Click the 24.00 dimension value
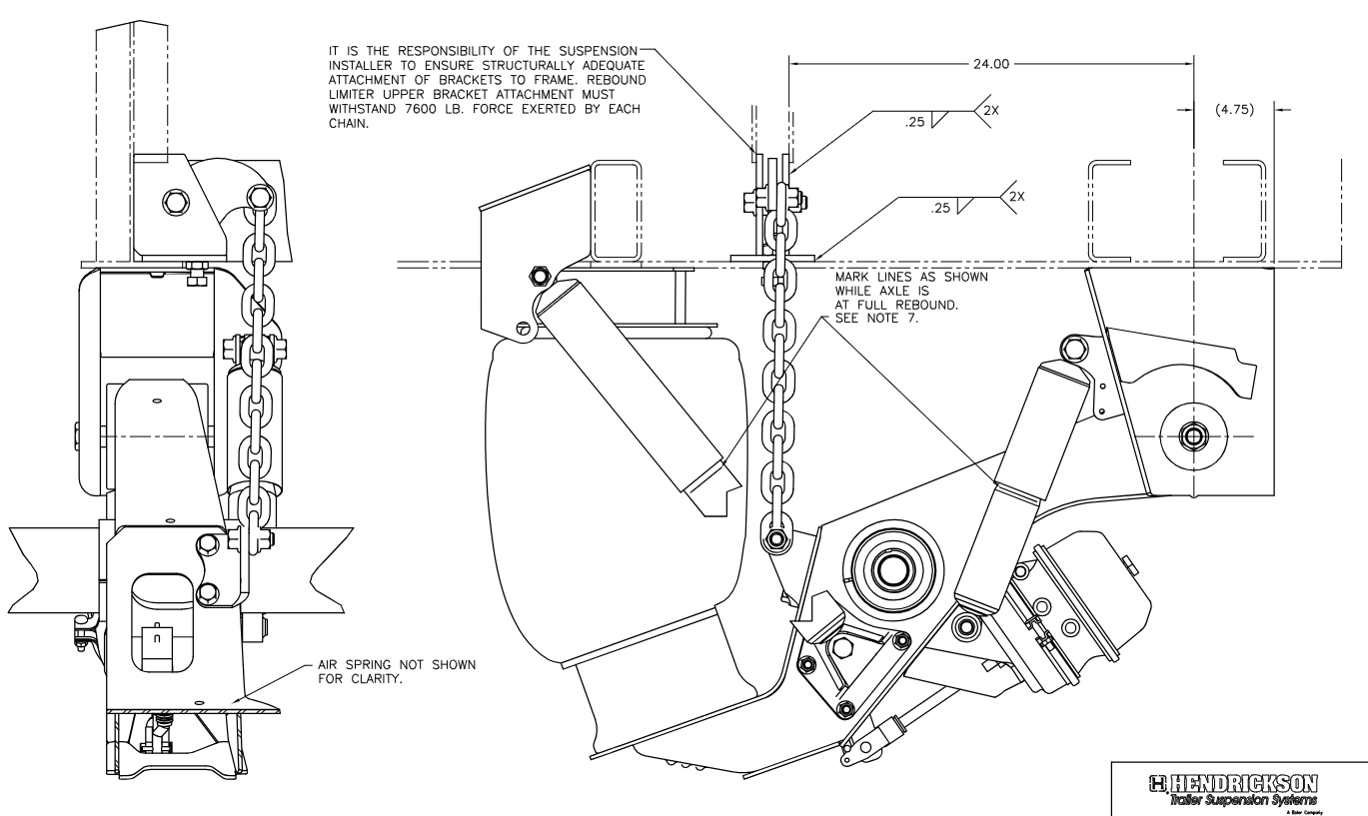(x=991, y=62)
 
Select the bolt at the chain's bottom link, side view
(x=775, y=542)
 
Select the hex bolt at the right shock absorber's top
(x=1075, y=349)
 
